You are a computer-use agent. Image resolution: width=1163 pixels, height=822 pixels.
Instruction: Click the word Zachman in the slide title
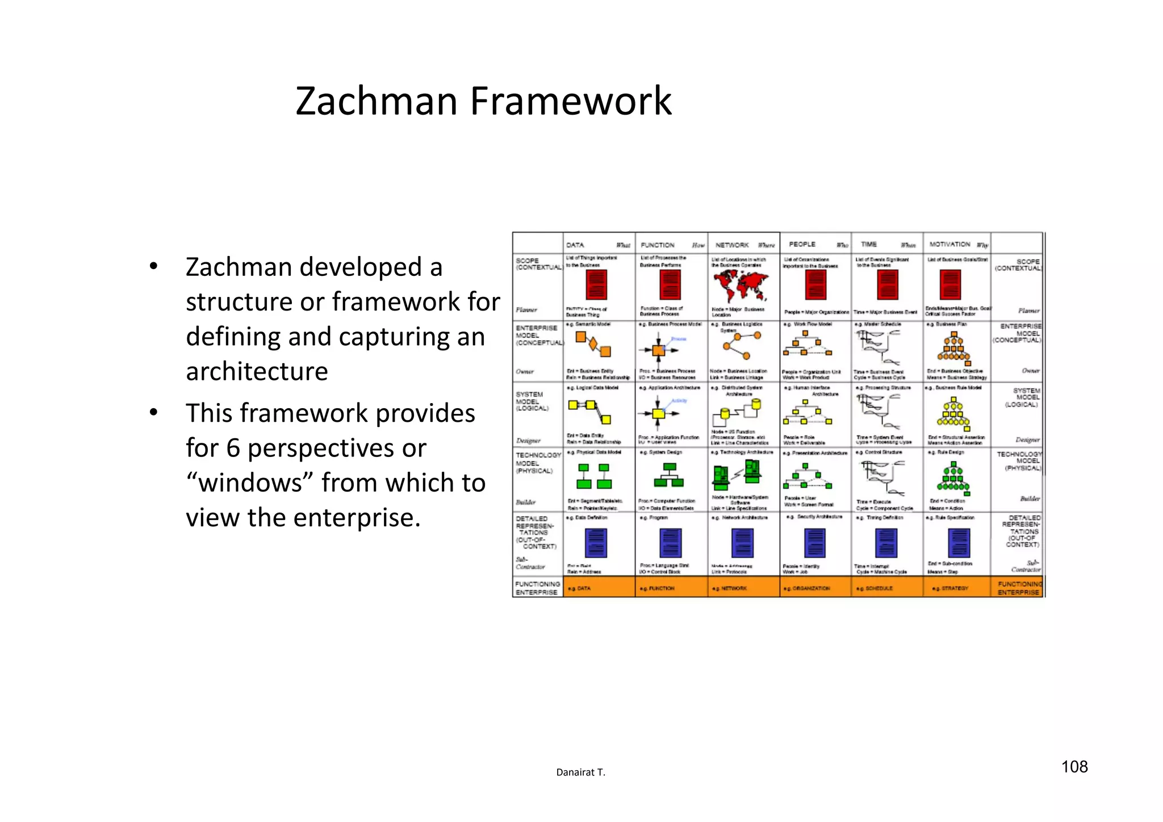point(376,101)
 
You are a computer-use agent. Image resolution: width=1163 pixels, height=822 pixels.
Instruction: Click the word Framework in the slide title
point(571,101)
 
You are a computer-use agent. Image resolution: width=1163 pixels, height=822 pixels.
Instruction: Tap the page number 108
point(1074,767)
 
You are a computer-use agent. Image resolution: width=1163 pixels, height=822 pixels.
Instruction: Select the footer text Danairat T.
point(580,772)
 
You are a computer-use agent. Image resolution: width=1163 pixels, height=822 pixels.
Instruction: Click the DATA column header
point(575,245)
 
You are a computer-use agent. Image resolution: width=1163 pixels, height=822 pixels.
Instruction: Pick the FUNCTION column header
point(658,245)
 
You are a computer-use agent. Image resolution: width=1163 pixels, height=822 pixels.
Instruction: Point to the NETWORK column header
point(732,245)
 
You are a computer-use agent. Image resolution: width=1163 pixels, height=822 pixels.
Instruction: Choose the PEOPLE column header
point(802,244)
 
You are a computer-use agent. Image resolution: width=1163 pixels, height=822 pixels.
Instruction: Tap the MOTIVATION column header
point(949,244)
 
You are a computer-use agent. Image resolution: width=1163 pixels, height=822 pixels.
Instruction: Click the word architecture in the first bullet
point(257,371)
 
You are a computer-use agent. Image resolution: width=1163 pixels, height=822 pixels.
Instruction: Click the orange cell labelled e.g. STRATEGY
point(956,588)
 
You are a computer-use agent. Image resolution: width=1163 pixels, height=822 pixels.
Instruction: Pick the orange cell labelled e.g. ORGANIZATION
point(814,588)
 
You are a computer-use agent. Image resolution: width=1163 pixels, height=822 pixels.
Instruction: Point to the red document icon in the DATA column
point(596,285)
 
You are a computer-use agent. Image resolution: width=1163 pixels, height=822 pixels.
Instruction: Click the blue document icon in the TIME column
point(886,543)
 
